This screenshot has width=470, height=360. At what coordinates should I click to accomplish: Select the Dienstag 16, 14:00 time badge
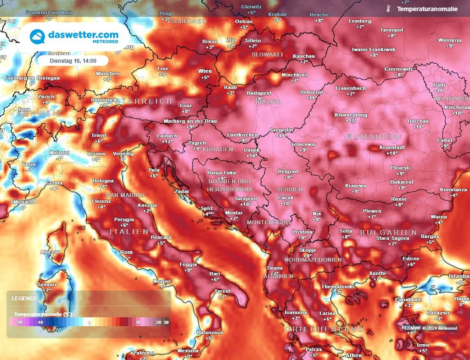(x=73, y=61)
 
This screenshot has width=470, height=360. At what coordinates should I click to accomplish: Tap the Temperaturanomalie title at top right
(x=427, y=9)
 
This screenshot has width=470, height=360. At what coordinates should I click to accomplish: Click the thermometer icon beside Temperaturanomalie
(x=388, y=9)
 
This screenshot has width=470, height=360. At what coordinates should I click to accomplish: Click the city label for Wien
(x=205, y=71)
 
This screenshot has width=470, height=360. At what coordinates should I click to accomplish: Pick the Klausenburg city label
(x=351, y=115)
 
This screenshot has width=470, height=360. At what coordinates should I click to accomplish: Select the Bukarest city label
(x=402, y=182)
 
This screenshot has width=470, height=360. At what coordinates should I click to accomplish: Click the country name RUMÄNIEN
(x=372, y=137)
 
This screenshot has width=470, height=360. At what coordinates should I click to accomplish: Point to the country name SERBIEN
(x=289, y=189)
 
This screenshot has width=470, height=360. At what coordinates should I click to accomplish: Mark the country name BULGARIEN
(x=382, y=233)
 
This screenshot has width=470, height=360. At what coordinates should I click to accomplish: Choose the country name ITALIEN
(x=129, y=232)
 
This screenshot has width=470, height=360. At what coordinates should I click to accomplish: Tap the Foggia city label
(x=188, y=264)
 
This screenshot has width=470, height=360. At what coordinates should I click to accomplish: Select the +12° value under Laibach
(x=167, y=142)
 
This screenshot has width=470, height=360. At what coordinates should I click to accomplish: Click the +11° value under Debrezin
(x=312, y=98)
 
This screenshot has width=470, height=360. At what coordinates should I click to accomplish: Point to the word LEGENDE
(x=25, y=298)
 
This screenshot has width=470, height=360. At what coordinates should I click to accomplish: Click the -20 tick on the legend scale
(x=19, y=322)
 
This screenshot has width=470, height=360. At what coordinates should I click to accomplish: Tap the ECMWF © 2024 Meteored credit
(x=431, y=328)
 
